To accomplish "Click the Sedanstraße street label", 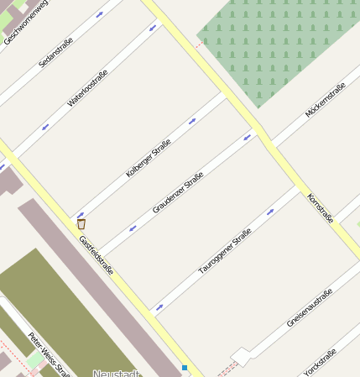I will [56, 52].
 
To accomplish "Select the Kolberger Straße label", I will [149, 158].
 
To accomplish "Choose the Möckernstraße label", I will [326, 100].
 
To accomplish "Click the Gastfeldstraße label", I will [96, 254].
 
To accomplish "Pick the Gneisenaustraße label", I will [310, 307].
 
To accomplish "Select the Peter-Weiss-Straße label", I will [48, 353].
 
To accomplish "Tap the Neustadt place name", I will [116, 373].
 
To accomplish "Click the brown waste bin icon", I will [81, 224].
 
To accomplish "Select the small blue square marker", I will [185, 368].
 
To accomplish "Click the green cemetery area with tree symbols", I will [277, 42].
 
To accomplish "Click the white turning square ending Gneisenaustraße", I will [241, 356].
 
